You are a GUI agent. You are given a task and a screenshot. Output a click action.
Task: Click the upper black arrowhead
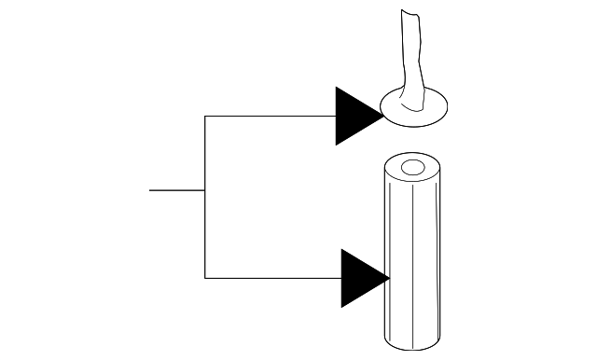click(354, 116)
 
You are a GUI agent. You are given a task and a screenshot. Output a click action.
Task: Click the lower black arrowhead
click(361, 277)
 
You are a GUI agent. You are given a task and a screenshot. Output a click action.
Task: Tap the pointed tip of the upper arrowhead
click(382, 116)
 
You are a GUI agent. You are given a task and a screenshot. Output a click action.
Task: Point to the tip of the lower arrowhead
click(389, 277)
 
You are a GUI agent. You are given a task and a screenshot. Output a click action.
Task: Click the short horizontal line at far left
click(176, 190)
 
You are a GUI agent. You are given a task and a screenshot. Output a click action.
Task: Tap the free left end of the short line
click(150, 190)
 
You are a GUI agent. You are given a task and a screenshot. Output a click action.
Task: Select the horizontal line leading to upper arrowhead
click(271, 116)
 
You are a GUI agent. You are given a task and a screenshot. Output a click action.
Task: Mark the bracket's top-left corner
click(204, 116)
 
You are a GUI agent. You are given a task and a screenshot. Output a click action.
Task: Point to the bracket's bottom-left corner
click(204, 277)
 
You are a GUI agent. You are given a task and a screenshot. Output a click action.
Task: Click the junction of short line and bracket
click(204, 190)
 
